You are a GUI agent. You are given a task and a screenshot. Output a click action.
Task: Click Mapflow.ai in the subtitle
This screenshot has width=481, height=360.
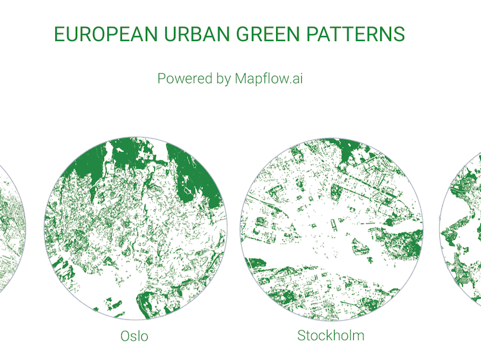268,79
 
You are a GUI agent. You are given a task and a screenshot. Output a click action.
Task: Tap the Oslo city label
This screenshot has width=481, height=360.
134,336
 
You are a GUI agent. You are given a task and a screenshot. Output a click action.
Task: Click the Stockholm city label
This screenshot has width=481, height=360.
331,335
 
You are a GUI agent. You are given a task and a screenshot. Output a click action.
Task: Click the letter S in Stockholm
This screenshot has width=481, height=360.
301,335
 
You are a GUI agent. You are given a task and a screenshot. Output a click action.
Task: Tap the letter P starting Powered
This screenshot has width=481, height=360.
162,79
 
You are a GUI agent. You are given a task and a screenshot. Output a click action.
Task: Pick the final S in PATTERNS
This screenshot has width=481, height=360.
399,35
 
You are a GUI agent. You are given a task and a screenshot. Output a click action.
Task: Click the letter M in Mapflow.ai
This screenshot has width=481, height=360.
241,79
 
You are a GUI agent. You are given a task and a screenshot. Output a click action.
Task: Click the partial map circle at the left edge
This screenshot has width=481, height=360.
12,231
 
